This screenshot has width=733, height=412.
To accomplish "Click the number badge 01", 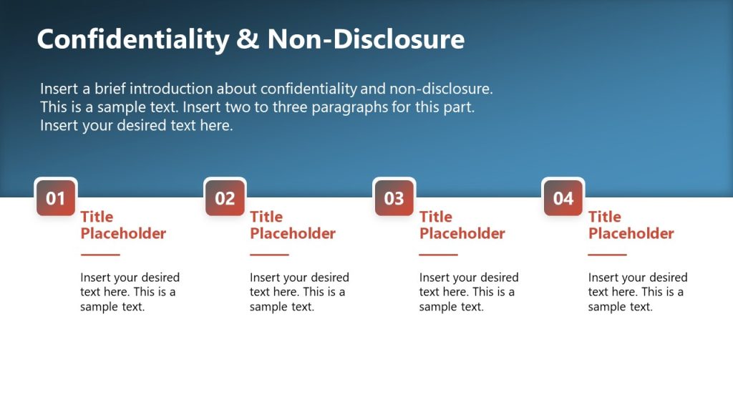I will (56, 198).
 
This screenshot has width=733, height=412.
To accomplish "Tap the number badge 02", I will (225, 198).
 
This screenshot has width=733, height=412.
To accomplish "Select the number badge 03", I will (394, 198).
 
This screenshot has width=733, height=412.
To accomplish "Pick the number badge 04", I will (563, 198).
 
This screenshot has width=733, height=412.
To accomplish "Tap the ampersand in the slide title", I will (248, 39).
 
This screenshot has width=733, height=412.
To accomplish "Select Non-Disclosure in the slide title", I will (366, 39).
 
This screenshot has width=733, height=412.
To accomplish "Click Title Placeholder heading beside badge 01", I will (122, 225).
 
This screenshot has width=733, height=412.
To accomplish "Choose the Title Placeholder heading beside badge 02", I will (292, 225).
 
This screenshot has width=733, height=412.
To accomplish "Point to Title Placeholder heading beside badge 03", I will (462, 225).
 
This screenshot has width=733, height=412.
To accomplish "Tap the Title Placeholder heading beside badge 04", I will (631, 225).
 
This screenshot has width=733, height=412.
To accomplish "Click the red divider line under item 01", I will (100, 255).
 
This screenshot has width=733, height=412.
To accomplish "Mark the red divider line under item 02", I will (269, 255).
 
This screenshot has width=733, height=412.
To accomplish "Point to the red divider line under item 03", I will (438, 255).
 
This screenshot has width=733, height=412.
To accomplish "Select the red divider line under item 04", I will (607, 255).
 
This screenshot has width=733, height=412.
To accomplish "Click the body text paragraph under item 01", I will (130, 292).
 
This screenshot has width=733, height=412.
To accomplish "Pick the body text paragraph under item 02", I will (298, 292).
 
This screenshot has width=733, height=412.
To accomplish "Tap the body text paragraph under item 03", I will (468, 292).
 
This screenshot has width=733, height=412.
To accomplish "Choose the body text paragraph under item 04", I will (637, 292).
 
